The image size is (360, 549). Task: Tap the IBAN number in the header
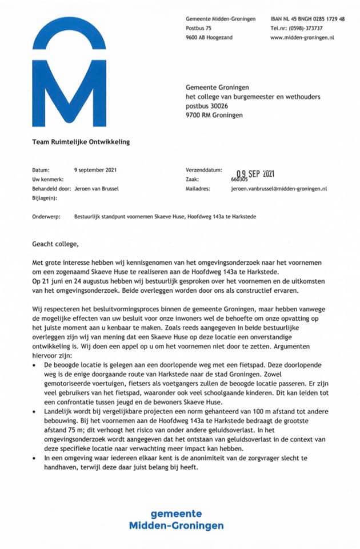coord(307,19)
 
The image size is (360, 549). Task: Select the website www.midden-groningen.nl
coord(302,37)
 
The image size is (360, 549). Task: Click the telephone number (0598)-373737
coord(306,28)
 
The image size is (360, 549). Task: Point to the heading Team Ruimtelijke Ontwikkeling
coord(81,142)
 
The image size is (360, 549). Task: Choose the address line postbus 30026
coord(207,106)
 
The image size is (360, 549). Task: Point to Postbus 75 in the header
coord(198,28)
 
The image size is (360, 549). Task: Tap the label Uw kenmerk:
coord(46,179)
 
